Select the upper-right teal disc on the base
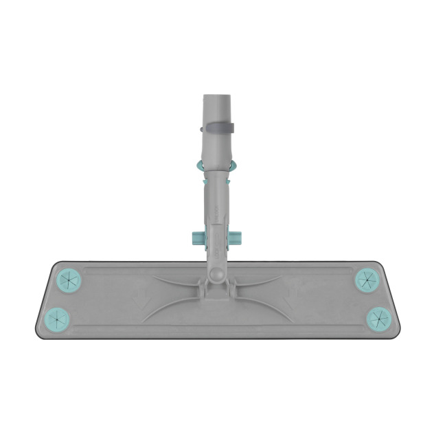(365, 279)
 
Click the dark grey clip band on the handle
(218, 128)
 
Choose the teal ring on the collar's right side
(234, 165)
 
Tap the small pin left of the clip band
(201, 128)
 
